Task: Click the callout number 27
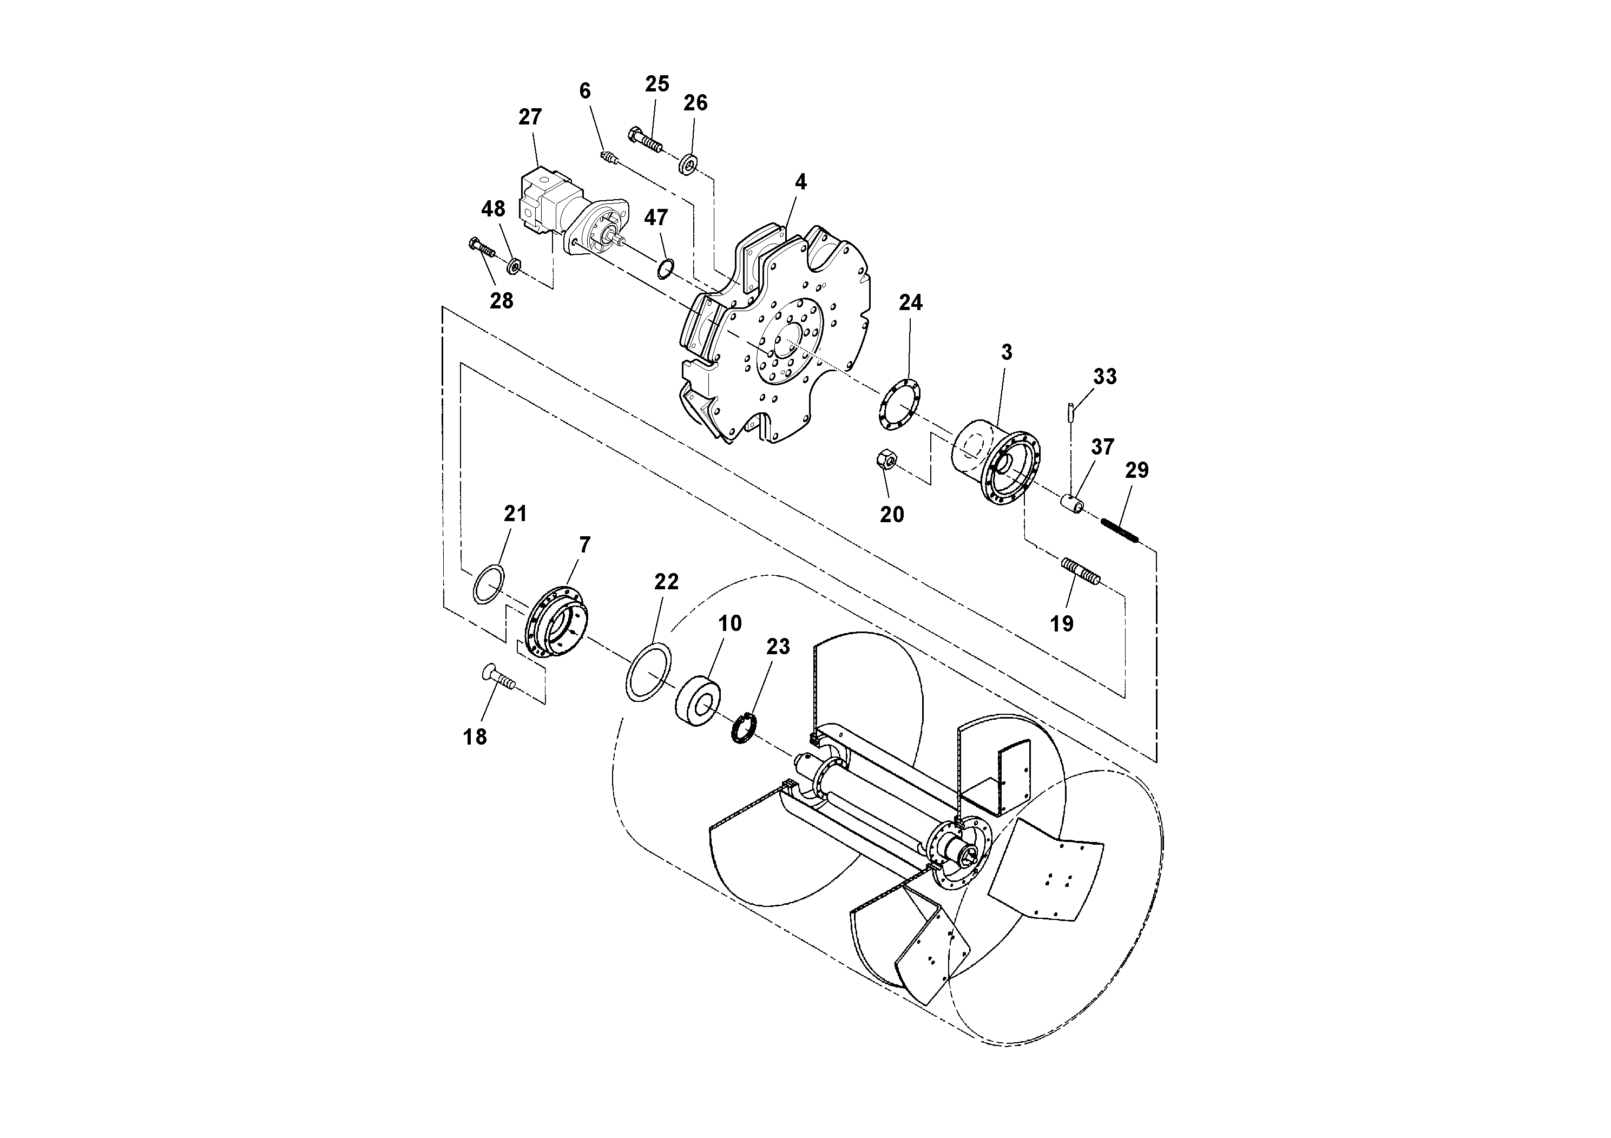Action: pyautogui.click(x=530, y=116)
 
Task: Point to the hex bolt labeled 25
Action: pyautogui.click(x=646, y=141)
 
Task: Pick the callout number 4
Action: pyautogui.click(x=800, y=182)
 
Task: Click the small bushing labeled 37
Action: pyautogui.click(x=1072, y=504)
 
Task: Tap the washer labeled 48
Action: pyautogui.click(x=514, y=266)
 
